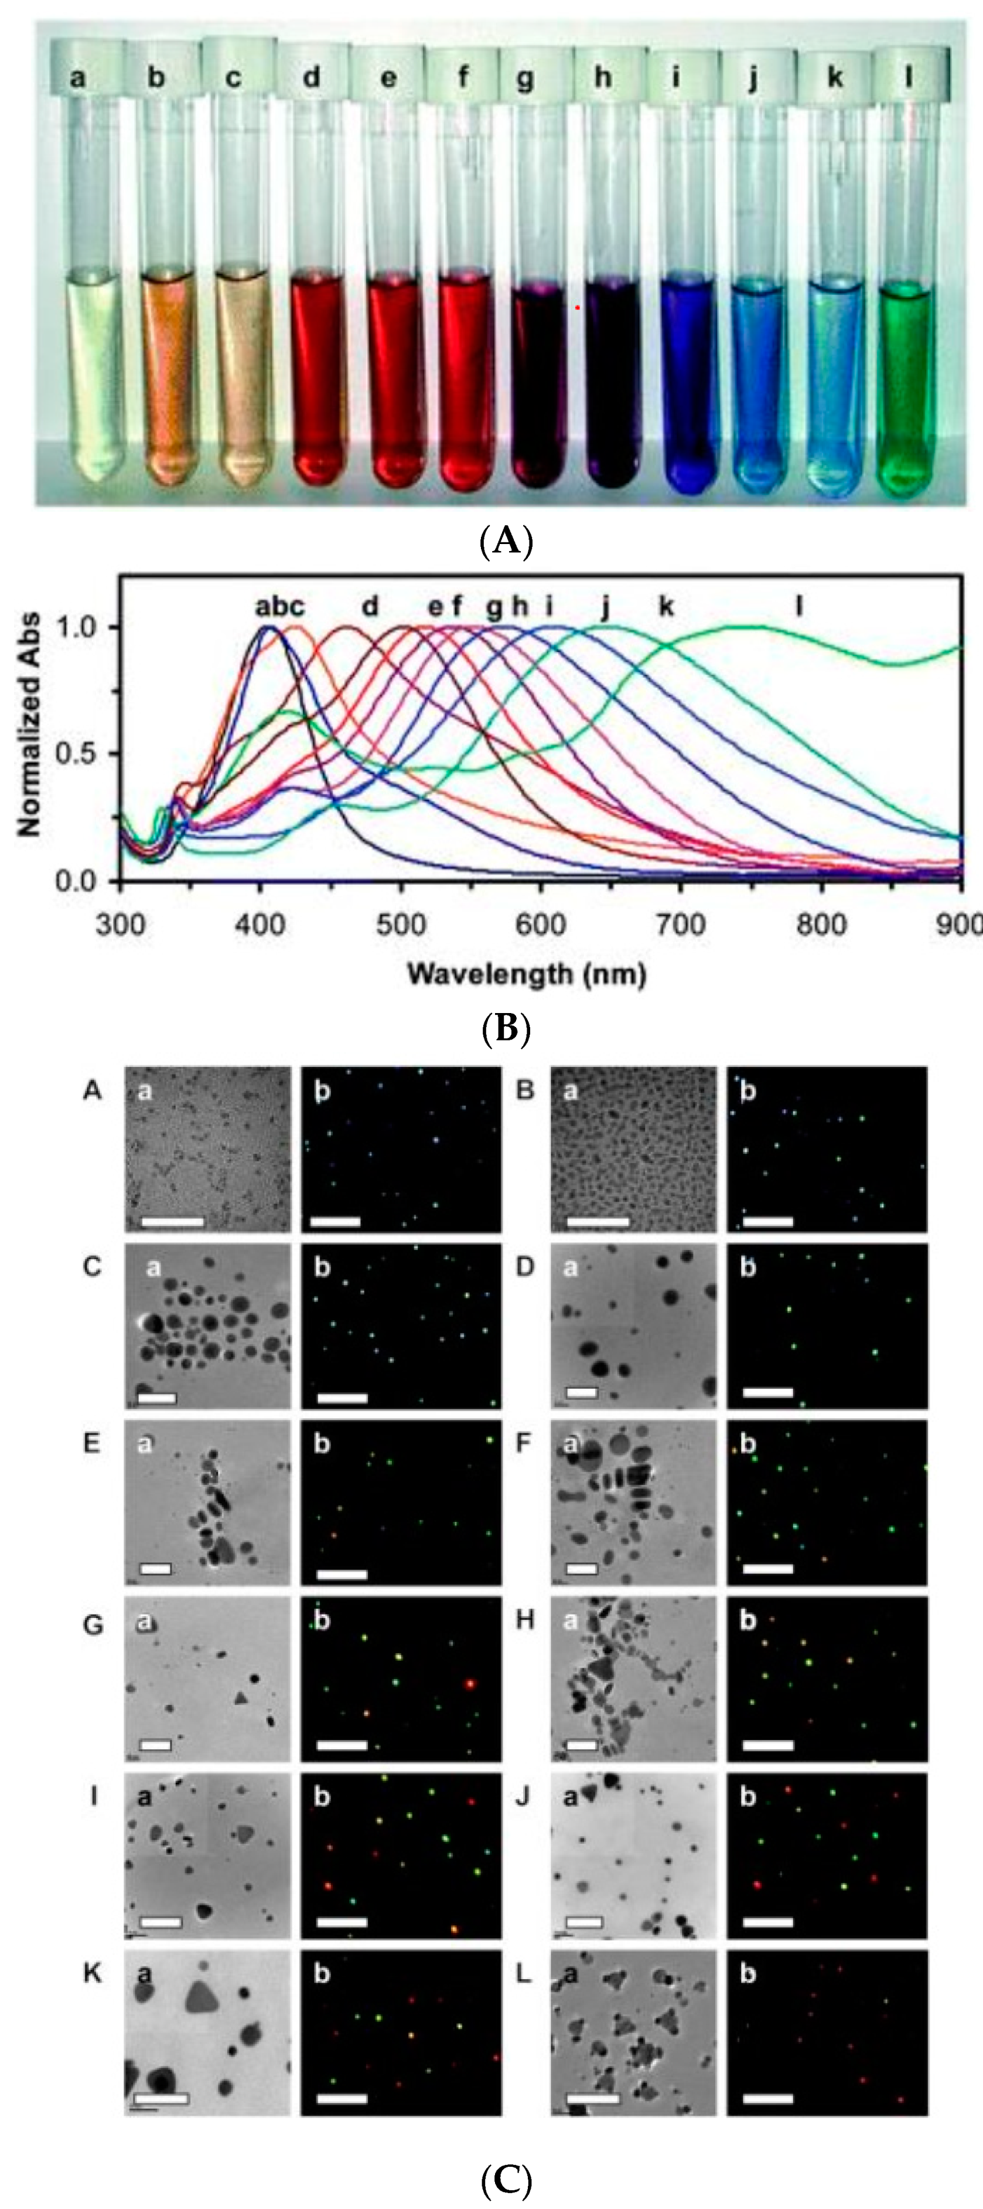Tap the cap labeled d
click(311, 77)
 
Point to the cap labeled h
click(603, 77)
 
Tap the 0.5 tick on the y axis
click(78, 754)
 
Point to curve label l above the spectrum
click(798, 606)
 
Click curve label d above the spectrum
click(370, 606)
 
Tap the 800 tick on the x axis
click(822, 925)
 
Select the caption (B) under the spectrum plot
click(507, 1027)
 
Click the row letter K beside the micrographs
click(93, 1973)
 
